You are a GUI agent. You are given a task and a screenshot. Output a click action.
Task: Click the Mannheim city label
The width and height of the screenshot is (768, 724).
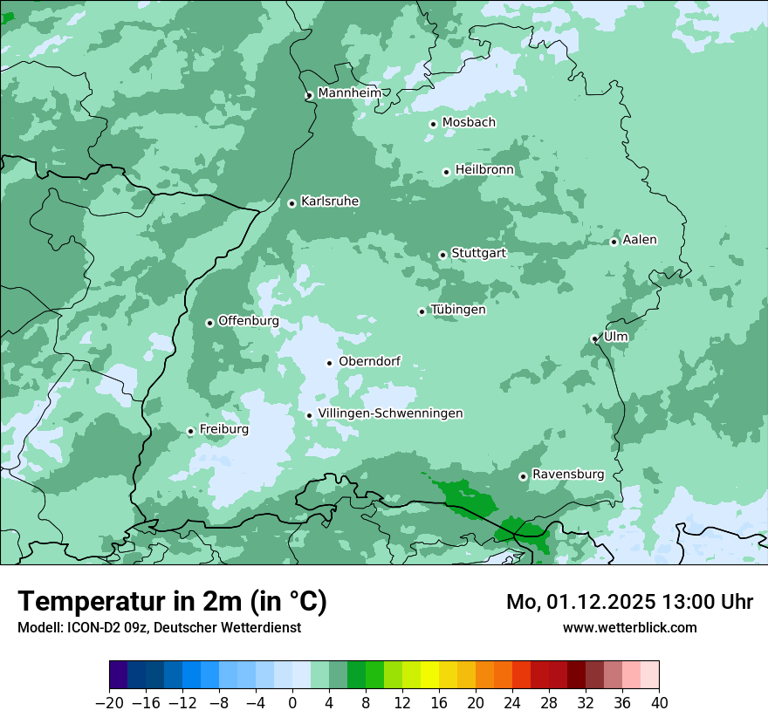point(349,92)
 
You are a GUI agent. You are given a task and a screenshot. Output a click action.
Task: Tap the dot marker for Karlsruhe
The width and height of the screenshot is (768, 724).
point(292,203)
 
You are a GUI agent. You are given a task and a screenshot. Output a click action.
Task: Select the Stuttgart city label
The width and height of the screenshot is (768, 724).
point(478,253)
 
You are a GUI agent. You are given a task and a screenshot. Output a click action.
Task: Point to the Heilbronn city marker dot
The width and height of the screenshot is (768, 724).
point(446,172)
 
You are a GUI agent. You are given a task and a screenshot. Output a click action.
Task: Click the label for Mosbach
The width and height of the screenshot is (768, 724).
point(469,122)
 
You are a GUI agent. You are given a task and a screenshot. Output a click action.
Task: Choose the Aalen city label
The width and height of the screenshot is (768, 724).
point(640,240)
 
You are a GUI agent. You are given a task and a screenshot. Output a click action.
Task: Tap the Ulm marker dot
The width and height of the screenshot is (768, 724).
point(594,339)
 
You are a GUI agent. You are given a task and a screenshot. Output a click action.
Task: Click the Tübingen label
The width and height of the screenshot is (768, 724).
point(458,310)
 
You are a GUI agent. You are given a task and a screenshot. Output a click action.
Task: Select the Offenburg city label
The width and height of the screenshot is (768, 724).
point(249,321)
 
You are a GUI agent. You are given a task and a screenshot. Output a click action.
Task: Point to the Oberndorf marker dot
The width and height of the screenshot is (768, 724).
point(329,363)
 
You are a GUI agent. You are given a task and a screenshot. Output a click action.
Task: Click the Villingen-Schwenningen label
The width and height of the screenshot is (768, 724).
point(390,413)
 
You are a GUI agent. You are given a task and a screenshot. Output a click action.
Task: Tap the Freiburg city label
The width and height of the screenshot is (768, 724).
point(223,429)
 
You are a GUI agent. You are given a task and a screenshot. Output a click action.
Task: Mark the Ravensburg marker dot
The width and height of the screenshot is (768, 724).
point(523,476)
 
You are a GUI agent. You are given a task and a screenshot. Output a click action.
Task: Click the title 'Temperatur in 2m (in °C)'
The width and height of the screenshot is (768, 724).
point(172,602)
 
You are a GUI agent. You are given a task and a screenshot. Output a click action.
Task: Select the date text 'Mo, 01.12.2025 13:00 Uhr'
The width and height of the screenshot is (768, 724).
point(629,602)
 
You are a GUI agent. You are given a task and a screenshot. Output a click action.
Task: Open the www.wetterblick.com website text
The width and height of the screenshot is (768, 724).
point(629,627)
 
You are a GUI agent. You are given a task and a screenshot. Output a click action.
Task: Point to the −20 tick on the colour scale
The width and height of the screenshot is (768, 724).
point(109,702)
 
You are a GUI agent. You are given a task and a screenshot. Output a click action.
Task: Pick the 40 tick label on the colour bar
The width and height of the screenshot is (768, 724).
point(659,702)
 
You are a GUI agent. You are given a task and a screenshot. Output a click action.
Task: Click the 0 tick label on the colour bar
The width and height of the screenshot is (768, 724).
point(292,702)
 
